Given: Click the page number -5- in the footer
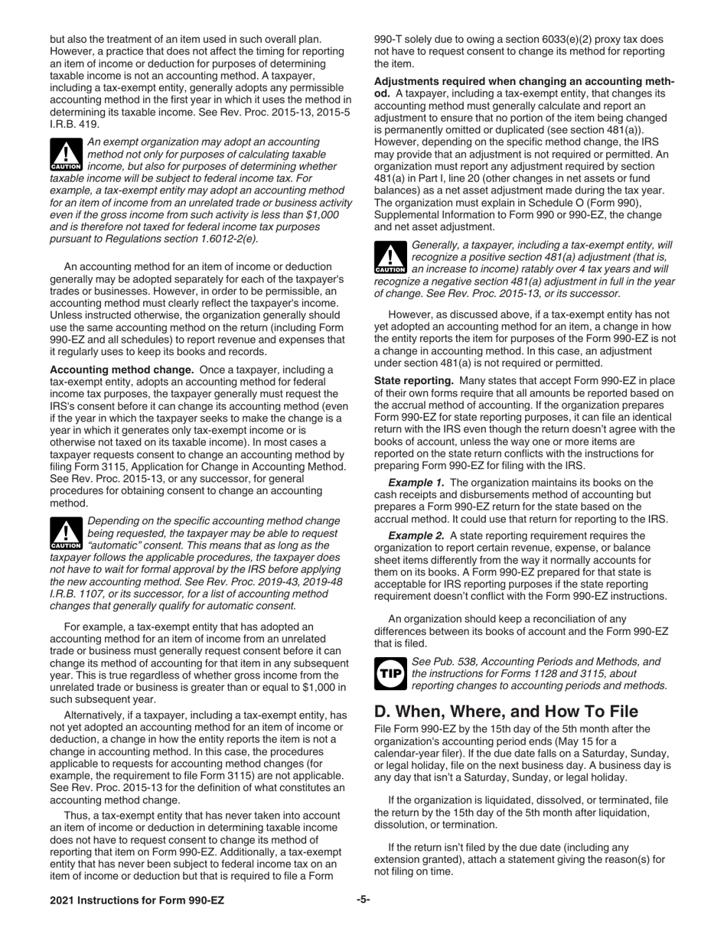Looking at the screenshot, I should pyautogui.click(x=363, y=900).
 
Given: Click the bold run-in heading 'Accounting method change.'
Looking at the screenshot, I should pyautogui.click(x=122, y=370).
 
